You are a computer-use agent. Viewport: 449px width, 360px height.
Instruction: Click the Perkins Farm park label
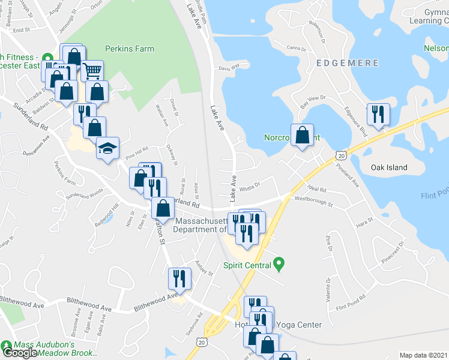point(129,49)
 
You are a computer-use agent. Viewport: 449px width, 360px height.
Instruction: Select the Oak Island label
point(389,168)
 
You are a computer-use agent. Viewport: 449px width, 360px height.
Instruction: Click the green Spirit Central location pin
point(278,263)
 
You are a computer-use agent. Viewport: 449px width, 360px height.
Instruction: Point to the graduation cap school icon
point(107,149)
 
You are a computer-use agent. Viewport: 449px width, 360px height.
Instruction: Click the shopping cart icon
point(92,71)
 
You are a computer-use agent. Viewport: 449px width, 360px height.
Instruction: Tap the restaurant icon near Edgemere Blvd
point(378,114)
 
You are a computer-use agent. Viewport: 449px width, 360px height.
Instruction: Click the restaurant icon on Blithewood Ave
point(179,278)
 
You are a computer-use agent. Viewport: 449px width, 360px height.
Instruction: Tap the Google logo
point(20,353)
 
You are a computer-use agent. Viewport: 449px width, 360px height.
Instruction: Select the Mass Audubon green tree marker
point(7,346)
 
